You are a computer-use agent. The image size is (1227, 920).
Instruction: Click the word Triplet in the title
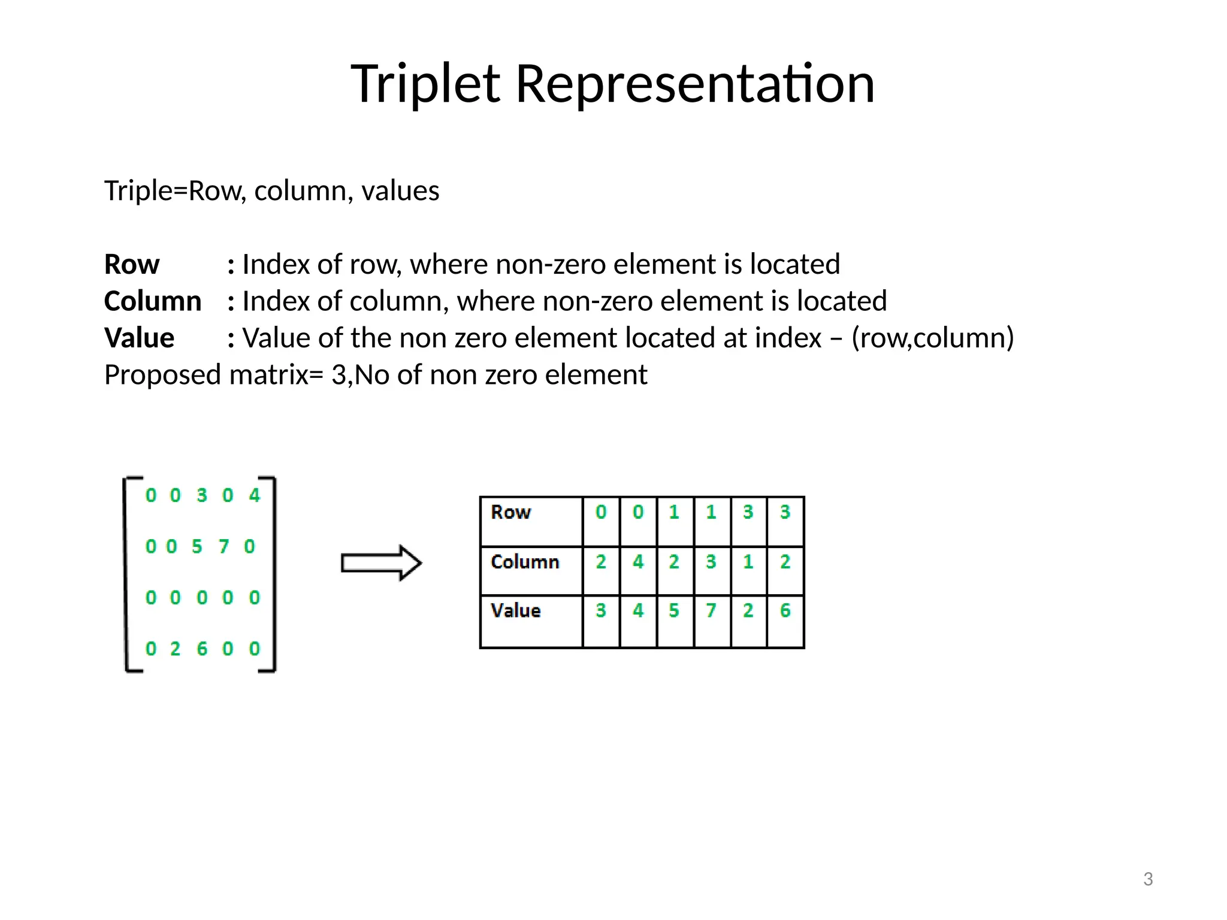click(425, 84)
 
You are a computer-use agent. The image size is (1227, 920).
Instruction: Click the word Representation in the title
click(695, 84)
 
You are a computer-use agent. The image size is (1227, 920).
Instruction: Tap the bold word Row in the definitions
click(132, 264)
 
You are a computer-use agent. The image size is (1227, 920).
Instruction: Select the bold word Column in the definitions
click(153, 301)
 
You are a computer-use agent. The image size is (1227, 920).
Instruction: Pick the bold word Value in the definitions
click(139, 338)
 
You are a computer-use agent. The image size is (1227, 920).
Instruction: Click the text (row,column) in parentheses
click(932, 338)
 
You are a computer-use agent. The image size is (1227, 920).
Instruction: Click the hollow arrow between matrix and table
click(381, 562)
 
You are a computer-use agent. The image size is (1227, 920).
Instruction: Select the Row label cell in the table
click(531, 520)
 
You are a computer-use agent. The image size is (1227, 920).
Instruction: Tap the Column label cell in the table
click(531, 570)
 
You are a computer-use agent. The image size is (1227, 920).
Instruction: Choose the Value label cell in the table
click(531, 620)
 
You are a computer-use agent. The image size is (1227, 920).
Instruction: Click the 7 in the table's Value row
click(711, 610)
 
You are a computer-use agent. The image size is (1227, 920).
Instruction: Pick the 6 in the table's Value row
click(785, 610)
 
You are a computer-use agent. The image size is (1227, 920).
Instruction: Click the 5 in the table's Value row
click(674, 610)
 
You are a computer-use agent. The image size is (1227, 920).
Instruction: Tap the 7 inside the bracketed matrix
click(223, 546)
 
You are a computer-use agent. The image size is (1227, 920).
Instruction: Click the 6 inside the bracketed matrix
click(202, 649)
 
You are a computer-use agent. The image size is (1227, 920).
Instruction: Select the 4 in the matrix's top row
click(255, 495)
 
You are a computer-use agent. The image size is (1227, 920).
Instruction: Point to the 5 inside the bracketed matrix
click(197, 546)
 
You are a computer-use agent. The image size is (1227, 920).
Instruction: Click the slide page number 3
click(1148, 879)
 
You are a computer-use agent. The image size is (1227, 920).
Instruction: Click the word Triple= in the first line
click(146, 191)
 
